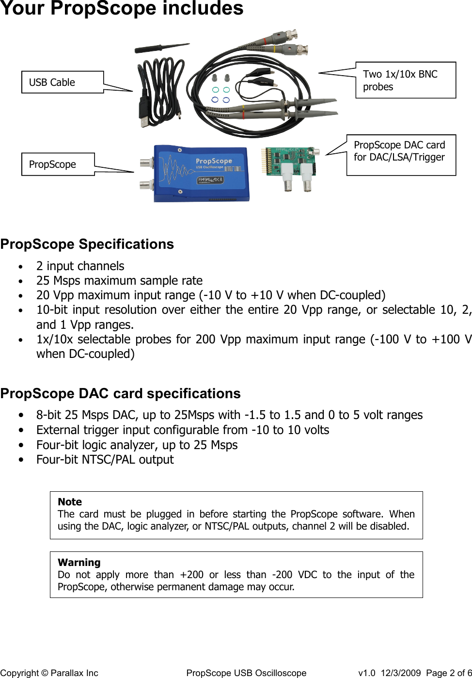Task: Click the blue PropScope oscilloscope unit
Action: click(x=201, y=173)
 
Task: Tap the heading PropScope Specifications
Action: click(x=87, y=244)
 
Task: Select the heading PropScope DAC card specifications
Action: click(x=120, y=393)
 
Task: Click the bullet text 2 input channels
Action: click(x=80, y=266)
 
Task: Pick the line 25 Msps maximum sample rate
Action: click(x=119, y=281)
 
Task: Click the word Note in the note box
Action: click(x=70, y=502)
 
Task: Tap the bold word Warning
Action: click(x=79, y=563)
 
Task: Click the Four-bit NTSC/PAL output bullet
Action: click(x=105, y=460)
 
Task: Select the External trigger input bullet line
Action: click(x=183, y=430)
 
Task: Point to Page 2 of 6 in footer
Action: click(x=449, y=673)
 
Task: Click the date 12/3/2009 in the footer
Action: click(x=401, y=673)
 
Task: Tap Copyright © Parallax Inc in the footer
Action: click(x=49, y=673)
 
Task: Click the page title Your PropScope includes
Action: click(x=122, y=9)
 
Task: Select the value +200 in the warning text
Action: click(x=191, y=575)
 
